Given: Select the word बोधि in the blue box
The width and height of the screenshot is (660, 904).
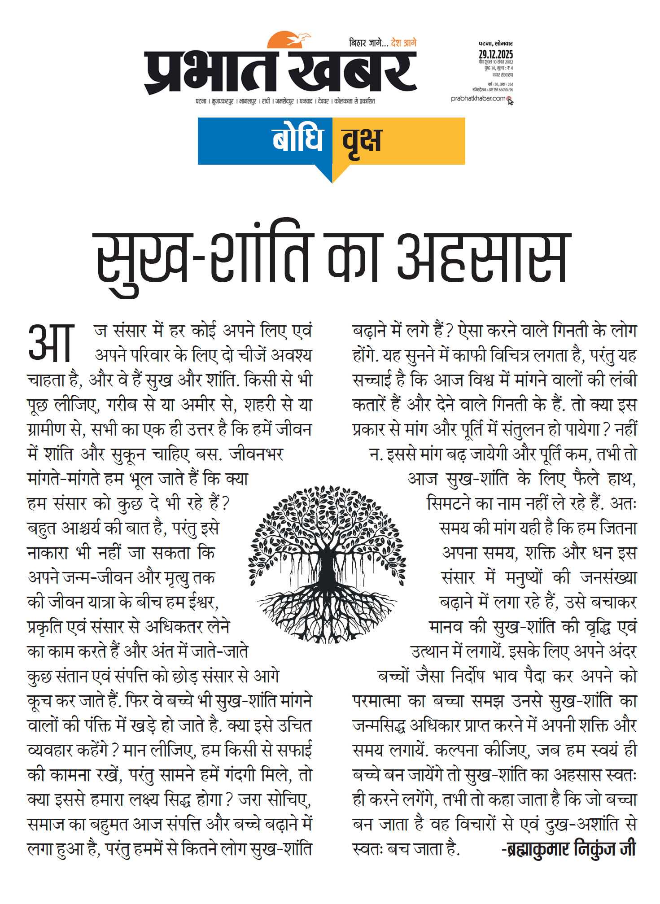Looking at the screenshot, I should point(297,140).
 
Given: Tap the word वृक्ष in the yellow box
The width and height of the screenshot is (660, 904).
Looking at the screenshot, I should point(362,140).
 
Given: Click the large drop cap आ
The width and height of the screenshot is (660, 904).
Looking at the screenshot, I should point(50,343).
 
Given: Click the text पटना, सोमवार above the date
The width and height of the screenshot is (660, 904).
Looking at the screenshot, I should point(495,44).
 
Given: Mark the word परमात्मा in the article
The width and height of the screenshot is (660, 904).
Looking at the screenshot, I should point(380,701).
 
